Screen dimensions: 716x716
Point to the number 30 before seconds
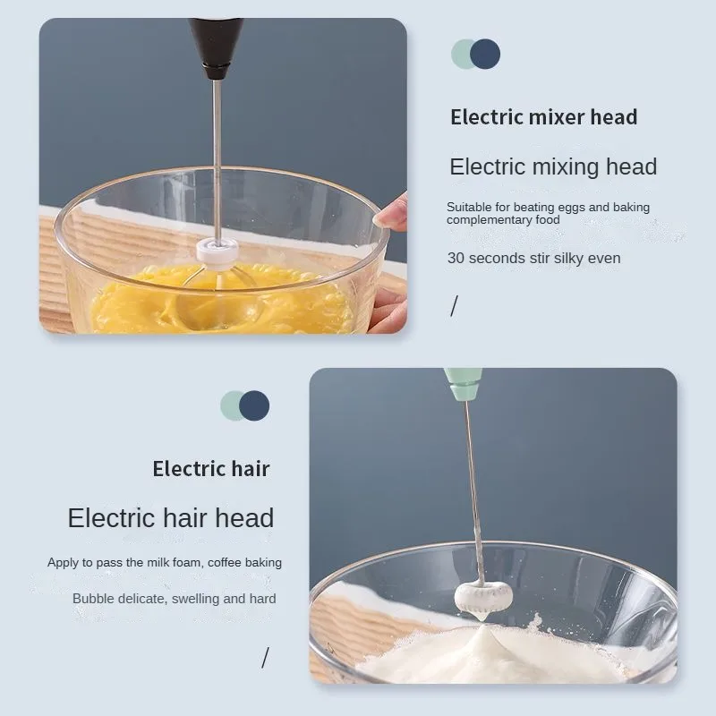pyautogui.click(x=455, y=259)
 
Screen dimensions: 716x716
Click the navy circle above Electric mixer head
pyautogui.click(x=485, y=55)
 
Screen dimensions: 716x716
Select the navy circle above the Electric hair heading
pyautogui.click(x=255, y=406)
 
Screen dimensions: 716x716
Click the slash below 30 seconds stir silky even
pyautogui.click(x=454, y=307)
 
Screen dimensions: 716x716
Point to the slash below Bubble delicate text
pyautogui.click(x=265, y=658)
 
